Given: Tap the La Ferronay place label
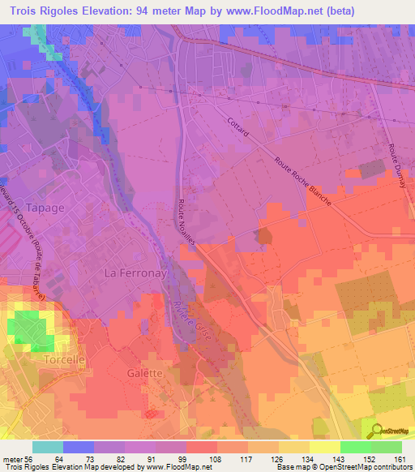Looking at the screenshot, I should click(x=135, y=274).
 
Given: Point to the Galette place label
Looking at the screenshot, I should click(x=145, y=373).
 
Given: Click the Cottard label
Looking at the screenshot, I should click(x=238, y=127).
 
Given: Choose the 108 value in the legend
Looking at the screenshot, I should click(x=216, y=458).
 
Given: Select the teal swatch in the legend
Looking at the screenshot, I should click(x=47, y=447).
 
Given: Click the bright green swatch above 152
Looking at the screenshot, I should click(x=355, y=447).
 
